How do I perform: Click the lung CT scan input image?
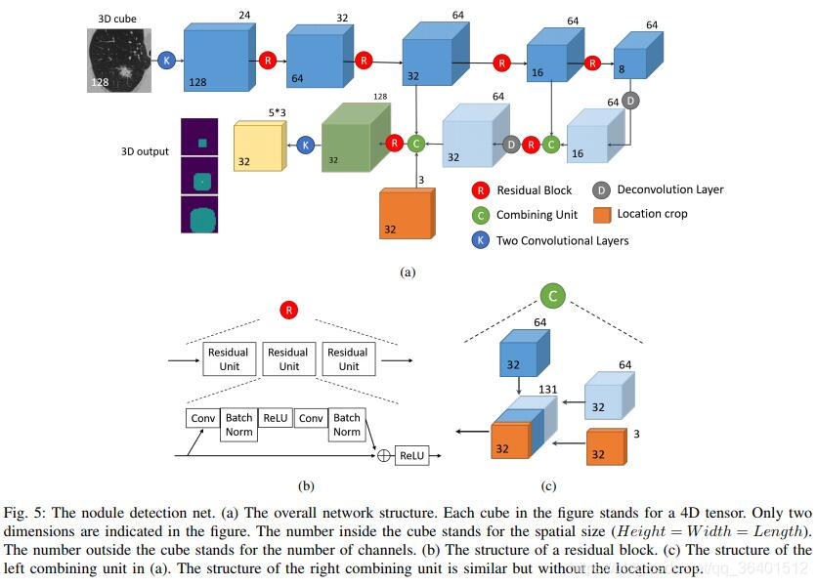pyautogui.click(x=119, y=61)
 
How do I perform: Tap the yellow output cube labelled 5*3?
pyautogui.click(x=260, y=146)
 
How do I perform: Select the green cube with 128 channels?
pyautogui.click(x=356, y=138)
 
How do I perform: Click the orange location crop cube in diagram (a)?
pyautogui.click(x=407, y=214)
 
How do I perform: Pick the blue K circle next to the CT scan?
pyautogui.click(x=166, y=61)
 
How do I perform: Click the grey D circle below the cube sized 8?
pyautogui.click(x=630, y=101)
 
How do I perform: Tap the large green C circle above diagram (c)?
pyautogui.click(x=552, y=296)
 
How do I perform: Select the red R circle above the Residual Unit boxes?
pyautogui.click(x=288, y=311)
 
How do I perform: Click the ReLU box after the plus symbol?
pyautogui.click(x=411, y=456)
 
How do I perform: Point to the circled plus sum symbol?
pyautogui.click(x=383, y=456)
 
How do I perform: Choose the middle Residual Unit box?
pyautogui.click(x=288, y=358)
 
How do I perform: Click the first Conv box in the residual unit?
pyautogui.click(x=202, y=418)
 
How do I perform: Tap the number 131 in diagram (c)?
pyautogui.click(x=547, y=390)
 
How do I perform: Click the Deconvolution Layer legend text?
pyautogui.click(x=670, y=189)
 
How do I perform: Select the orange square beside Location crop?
pyautogui.click(x=602, y=215)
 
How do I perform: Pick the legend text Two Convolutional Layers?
pyautogui.click(x=562, y=240)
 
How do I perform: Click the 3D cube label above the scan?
pyautogui.click(x=117, y=19)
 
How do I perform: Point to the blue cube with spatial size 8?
pyautogui.click(x=638, y=56)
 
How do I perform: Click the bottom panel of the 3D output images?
pyautogui.click(x=199, y=215)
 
